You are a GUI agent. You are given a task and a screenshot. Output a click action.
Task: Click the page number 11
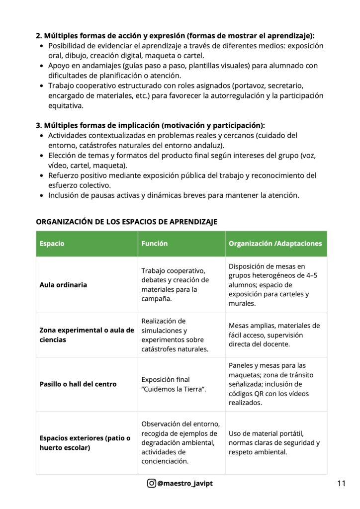[341, 483]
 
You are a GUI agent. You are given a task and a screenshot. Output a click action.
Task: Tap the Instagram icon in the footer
[151, 483]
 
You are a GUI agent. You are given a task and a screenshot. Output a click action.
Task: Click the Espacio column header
[52, 244]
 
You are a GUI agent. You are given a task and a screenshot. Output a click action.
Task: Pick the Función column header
[155, 244]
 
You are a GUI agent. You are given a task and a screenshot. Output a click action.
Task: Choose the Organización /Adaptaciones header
[275, 244]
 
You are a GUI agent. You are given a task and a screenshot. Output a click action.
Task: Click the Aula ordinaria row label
[63, 285]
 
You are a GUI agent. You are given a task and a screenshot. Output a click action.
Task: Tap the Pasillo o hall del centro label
[78, 384]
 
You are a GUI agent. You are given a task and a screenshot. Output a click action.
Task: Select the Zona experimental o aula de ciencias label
[87, 335]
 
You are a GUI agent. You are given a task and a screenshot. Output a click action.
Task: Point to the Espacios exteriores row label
[85, 443]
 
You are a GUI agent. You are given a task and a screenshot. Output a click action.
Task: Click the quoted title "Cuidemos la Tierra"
[174, 389]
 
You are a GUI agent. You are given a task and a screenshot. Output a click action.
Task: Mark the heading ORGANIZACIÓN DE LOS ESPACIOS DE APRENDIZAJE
[126, 222]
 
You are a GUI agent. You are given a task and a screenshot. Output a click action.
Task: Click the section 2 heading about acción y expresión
[175, 36]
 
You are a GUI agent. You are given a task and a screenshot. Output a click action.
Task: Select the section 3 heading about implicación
[150, 125]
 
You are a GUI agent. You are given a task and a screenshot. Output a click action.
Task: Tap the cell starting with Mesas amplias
[274, 335]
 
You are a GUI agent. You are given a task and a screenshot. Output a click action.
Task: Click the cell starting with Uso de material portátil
[274, 443]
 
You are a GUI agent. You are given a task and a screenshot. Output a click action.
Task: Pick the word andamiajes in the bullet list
[94, 66]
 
